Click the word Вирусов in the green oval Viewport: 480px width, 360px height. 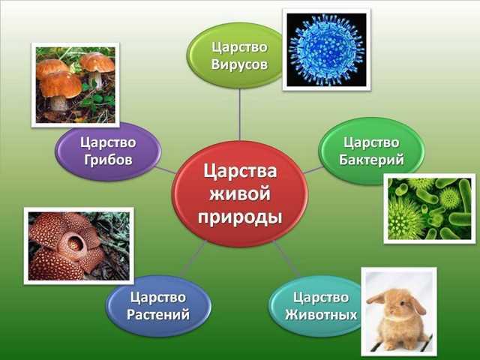click(x=239, y=65)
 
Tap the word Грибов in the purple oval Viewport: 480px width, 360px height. click(x=108, y=160)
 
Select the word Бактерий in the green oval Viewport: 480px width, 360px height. click(x=371, y=160)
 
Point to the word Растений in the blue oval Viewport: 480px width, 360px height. click(x=158, y=314)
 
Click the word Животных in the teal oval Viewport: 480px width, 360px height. click(x=321, y=315)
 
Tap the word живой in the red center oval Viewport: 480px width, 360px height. click(x=240, y=194)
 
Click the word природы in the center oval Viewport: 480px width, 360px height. click(x=240, y=217)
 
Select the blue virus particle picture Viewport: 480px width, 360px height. click(x=327, y=49)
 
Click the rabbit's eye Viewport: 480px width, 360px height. click(x=402, y=304)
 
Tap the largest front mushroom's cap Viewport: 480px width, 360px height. click(x=61, y=85)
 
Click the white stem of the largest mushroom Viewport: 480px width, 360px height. click(x=58, y=103)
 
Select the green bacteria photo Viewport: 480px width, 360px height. click(x=430, y=208)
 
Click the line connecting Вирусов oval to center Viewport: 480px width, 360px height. click(x=239, y=115)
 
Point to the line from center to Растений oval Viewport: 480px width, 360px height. click(x=193, y=258)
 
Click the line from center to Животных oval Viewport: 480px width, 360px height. click(x=286, y=258)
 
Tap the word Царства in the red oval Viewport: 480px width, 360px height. click(x=240, y=172)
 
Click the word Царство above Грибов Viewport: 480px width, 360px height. click(x=108, y=143)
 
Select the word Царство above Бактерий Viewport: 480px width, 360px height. click(x=371, y=143)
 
